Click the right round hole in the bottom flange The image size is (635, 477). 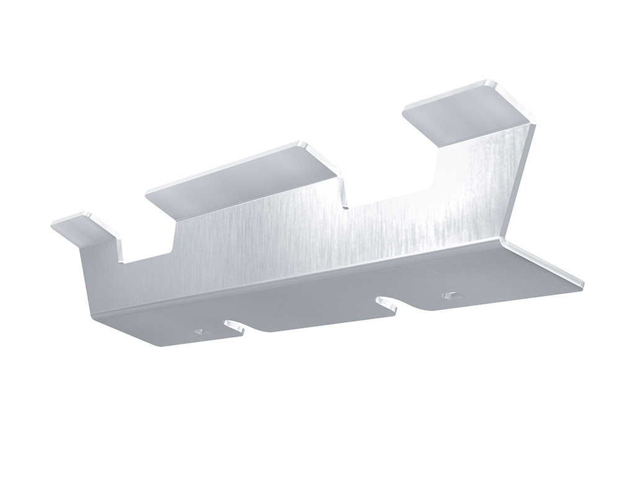tap(451, 296)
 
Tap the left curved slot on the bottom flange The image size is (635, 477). tap(234, 326)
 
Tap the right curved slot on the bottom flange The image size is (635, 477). tap(386, 304)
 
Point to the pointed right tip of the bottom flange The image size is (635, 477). tap(582, 285)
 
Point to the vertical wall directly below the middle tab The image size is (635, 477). tap(260, 242)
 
